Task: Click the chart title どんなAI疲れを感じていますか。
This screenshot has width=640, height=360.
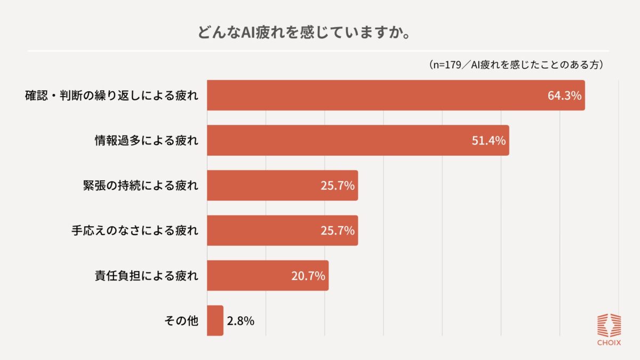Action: click(x=304, y=33)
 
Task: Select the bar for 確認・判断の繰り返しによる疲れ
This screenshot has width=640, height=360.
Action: click(x=373, y=95)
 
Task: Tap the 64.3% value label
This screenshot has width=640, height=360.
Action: click(x=564, y=96)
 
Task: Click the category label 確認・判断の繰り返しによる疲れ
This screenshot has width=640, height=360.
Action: click(x=111, y=96)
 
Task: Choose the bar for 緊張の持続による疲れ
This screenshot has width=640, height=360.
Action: click(x=267, y=186)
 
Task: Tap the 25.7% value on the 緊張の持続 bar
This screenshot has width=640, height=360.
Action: click(x=338, y=186)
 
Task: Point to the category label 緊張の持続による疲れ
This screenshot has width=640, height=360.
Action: click(x=138, y=186)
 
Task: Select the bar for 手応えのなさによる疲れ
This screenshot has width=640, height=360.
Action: click(x=267, y=230)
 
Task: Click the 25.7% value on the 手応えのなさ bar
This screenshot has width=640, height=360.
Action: click(x=338, y=231)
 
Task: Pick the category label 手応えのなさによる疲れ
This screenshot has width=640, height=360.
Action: click(x=134, y=231)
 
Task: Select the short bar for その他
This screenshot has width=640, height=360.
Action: click(x=215, y=321)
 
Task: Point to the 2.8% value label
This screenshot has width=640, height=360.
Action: click(x=241, y=321)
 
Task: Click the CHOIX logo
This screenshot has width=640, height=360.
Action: click(x=608, y=330)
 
